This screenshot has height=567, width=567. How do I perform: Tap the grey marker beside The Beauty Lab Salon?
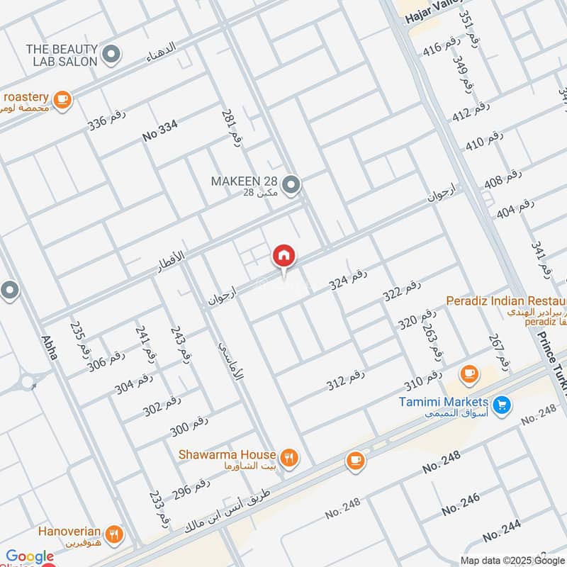coord(111,53)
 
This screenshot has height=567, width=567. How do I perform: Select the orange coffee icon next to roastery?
coord(62,99)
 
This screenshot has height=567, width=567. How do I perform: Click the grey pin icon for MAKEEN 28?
coord(291,186)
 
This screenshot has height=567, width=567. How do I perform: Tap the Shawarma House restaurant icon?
coord(288,457)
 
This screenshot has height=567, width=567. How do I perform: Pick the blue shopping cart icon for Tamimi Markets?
coord(502,405)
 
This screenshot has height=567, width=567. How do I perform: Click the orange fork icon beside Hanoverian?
coord(113,534)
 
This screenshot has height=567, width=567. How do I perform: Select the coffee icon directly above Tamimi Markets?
coord(468,373)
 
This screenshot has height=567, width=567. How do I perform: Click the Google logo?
coord(29,557)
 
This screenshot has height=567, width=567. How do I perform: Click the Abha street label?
coord(49,347)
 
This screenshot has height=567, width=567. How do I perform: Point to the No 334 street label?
coord(159,131)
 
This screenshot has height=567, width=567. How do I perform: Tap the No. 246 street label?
coord(460,504)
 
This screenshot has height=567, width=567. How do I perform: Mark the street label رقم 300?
coord(189,427)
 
